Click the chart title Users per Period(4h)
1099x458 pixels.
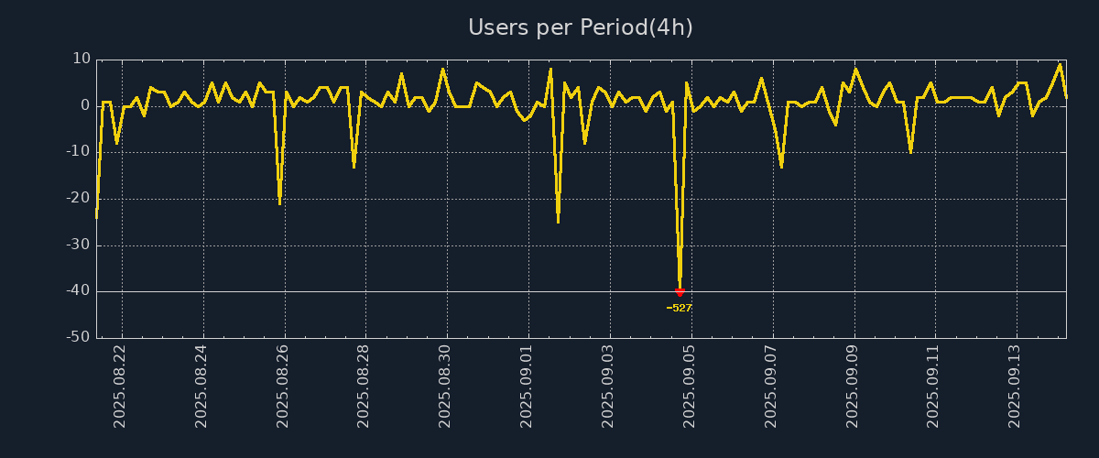581,27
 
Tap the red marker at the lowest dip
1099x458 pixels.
680,292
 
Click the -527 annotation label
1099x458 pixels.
680,308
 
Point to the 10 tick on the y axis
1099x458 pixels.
82,59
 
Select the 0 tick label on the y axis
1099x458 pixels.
85,105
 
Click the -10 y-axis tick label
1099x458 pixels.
78,152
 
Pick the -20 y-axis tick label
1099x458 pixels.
78,199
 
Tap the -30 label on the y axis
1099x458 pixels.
78,245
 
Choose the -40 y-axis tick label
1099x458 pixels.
78,291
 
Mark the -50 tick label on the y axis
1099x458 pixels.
78,338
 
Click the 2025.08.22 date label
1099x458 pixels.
120,386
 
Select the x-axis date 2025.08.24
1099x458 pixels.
201,386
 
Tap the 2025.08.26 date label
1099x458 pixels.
283,386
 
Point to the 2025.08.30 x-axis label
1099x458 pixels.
446,386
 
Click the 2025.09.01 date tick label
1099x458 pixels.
527,386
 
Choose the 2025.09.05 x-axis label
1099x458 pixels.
690,386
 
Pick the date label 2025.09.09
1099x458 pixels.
853,386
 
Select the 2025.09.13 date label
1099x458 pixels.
1015,386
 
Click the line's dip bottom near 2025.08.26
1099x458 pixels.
279,202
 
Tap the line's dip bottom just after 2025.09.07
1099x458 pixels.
781,166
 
